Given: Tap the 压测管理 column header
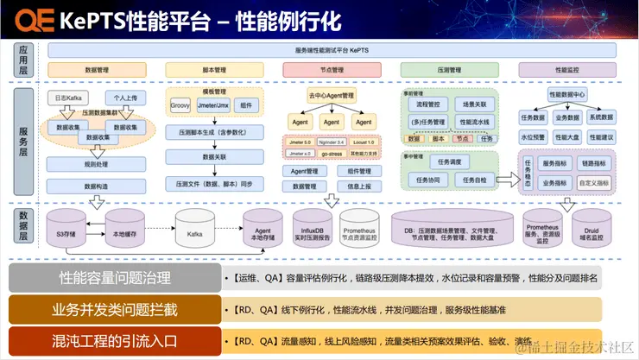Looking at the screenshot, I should [449, 69].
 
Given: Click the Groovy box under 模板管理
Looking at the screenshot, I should [180, 105].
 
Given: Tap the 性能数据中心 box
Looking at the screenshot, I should [566, 93].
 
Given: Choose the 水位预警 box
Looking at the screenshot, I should [532, 136].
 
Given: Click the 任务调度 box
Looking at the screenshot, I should [453, 161].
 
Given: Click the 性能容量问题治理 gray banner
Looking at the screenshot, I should [115, 279].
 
